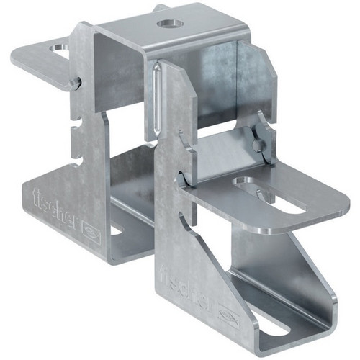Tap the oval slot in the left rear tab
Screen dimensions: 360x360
[59, 48]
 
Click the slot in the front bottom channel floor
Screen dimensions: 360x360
[274, 332]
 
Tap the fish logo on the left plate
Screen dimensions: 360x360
[91, 233]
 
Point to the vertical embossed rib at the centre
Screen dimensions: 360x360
[156, 99]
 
